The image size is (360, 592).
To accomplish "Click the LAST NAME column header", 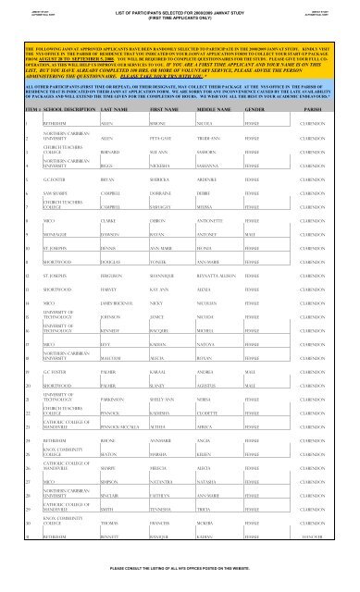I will click(105, 110).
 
